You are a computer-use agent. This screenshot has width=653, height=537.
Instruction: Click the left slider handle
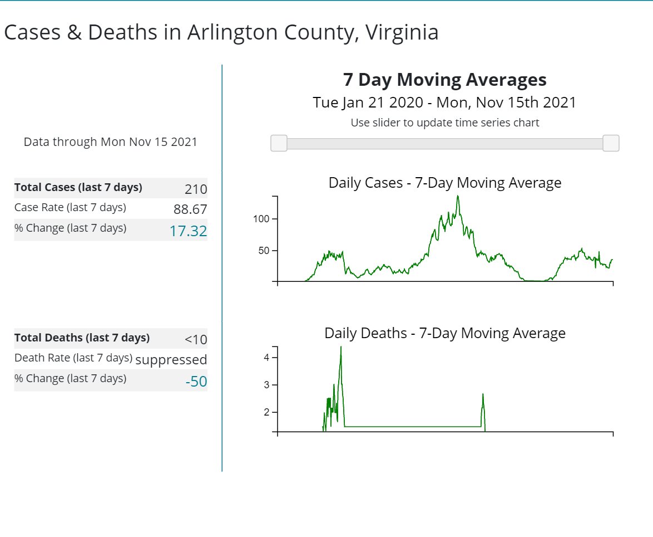tap(279, 143)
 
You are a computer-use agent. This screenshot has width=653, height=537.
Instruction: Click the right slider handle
tap(611, 143)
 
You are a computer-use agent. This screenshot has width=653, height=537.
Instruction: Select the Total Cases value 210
tap(196, 189)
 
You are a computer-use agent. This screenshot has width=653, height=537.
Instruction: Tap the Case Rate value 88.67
tap(190, 209)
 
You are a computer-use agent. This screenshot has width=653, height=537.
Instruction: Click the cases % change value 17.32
tap(188, 231)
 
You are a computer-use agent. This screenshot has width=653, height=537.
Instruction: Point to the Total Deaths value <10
tap(196, 339)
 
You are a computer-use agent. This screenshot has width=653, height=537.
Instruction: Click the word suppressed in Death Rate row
tap(171, 360)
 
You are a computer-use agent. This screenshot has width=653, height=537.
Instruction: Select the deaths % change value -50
tap(196, 382)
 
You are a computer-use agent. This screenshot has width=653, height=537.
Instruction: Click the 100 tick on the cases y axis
tap(261, 219)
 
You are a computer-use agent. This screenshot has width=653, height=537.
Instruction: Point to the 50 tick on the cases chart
tap(264, 251)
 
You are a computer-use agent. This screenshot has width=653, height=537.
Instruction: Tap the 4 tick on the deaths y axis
tap(266, 358)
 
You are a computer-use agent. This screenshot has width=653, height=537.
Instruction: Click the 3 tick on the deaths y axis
tap(266, 385)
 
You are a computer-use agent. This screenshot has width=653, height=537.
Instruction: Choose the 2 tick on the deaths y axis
tap(266, 412)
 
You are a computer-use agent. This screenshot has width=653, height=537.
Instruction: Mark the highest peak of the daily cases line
tap(458, 196)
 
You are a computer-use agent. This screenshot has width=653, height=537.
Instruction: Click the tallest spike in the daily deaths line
tap(341, 348)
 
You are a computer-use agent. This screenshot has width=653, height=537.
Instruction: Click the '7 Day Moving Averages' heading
tap(444, 80)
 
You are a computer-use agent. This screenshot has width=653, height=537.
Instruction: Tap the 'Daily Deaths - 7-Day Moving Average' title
tap(444, 333)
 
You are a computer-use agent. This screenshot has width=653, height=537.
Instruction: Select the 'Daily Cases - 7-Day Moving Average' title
tap(444, 183)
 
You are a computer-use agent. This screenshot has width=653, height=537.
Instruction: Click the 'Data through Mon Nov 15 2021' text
tap(110, 142)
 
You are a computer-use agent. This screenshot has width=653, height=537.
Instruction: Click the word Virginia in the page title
tap(402, 33)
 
